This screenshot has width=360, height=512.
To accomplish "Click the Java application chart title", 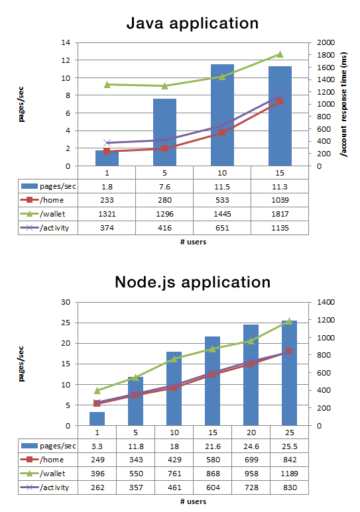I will click(x=192, y=24).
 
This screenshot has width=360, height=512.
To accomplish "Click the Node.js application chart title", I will click(x=192, y=282).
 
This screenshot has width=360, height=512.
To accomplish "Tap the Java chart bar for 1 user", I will click(x=107, y=158).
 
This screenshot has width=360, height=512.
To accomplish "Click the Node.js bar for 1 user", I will click(x=97, y=419).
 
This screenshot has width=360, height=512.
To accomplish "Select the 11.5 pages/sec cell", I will click(x=222, y=186).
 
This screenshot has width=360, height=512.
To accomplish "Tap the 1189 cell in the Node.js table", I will click(x=289, y=473).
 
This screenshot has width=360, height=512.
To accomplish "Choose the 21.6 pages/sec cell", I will click(x=212, y=446).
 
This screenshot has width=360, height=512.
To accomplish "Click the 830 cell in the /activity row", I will click(x=289, y=487).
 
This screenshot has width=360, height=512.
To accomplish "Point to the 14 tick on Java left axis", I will click(x=66, y=42).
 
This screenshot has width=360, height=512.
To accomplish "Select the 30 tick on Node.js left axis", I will click(x=66, y=302).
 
